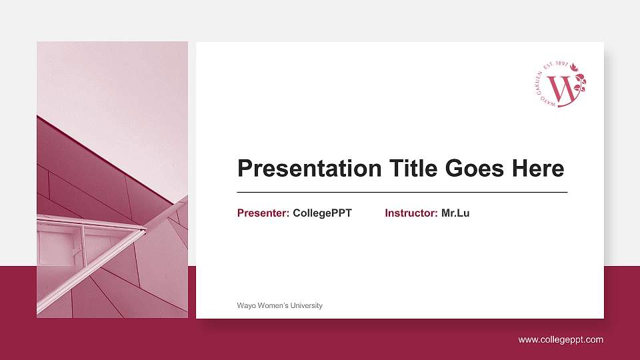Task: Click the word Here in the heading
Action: (537, 169)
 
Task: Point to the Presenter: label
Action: (263, 213)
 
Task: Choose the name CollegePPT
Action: (322, 213)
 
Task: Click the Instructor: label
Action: (411, 213)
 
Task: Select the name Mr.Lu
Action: (455, 213)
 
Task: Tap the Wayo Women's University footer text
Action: (279, 305)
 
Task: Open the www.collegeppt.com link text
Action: (561, 339)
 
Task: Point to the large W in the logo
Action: (562, 89)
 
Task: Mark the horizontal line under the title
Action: (402, 192)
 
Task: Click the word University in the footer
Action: (305, 305)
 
